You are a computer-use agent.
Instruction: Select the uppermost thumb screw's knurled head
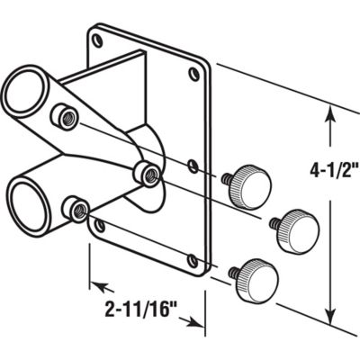[254, 186]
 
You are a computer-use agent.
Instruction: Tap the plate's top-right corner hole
[193, 76]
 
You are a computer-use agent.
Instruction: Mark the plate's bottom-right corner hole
[192, 262]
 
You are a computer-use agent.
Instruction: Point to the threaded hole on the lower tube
[78, 211]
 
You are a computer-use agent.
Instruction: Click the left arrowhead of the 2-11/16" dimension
[94, 288]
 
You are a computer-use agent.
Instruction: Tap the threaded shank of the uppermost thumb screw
[225, 180]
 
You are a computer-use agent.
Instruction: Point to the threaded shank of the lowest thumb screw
[233, 267]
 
